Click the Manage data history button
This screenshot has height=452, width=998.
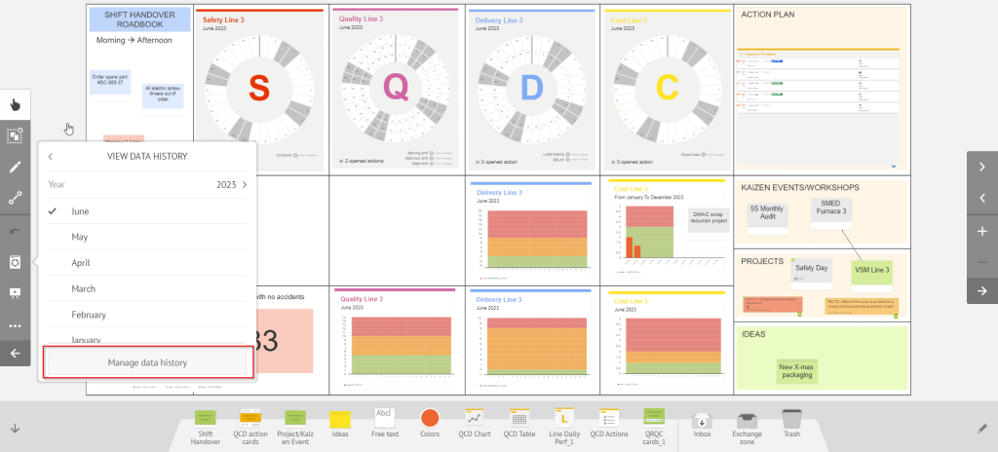point(147,362)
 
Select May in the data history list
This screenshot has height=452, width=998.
point(80,237)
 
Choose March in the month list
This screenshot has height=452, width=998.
point(83,288)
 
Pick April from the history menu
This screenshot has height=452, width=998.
point(81,263)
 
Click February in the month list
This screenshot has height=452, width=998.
point(89,315)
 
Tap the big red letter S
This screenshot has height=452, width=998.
point(258,88)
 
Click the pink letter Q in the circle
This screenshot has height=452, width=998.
point(395,88)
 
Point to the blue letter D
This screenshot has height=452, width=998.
point(530,88)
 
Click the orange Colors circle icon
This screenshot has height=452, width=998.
point(429,418)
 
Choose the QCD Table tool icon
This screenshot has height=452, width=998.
point(518,418)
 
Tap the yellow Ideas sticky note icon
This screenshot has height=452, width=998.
point(339,419)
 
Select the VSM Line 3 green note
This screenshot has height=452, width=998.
point(872,270)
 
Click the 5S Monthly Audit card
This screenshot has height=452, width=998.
point(768,213)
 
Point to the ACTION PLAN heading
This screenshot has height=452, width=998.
point(770,15)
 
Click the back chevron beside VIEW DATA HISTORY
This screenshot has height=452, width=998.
point(51,156)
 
